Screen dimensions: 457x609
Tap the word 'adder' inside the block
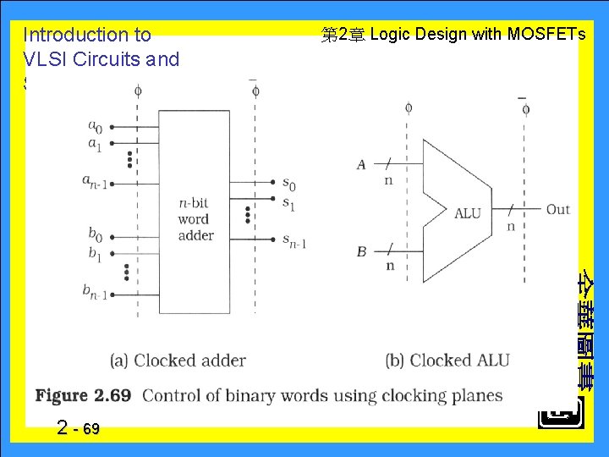coord(195,235)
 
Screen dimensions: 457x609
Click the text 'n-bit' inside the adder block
coord(195,203)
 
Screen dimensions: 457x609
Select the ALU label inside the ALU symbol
coord(467,213)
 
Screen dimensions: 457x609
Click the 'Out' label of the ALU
coord(557,209)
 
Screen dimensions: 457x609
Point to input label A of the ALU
coord(361,164)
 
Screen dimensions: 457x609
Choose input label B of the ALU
coord(361,251)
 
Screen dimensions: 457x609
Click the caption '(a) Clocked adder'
coord(178,361)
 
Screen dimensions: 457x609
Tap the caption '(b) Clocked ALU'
coord(447,361)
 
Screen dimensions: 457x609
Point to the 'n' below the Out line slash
coord(510,226)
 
